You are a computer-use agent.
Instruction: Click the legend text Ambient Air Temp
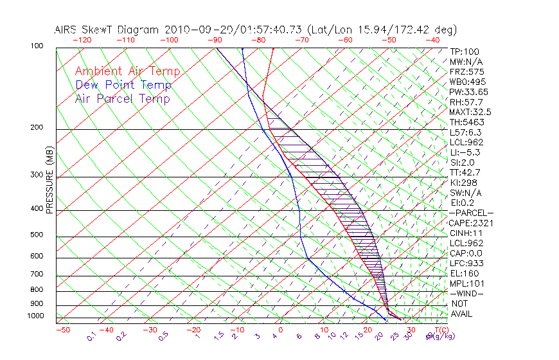[127, 71]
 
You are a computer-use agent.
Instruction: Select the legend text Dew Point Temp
[123, 85]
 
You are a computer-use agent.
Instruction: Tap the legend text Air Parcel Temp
[122, 98]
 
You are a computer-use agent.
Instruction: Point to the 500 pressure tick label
[38, 235]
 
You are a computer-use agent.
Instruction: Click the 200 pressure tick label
[38, 127]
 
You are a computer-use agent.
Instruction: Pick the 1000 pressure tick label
[36, 316]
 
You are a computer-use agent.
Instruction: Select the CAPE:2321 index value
[466, 223]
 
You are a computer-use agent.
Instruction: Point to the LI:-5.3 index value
[465, 152]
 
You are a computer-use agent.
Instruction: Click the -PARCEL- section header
[471, 213]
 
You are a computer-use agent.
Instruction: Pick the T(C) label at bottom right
[443, 330]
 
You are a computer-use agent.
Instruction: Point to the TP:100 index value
[465, 51]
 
